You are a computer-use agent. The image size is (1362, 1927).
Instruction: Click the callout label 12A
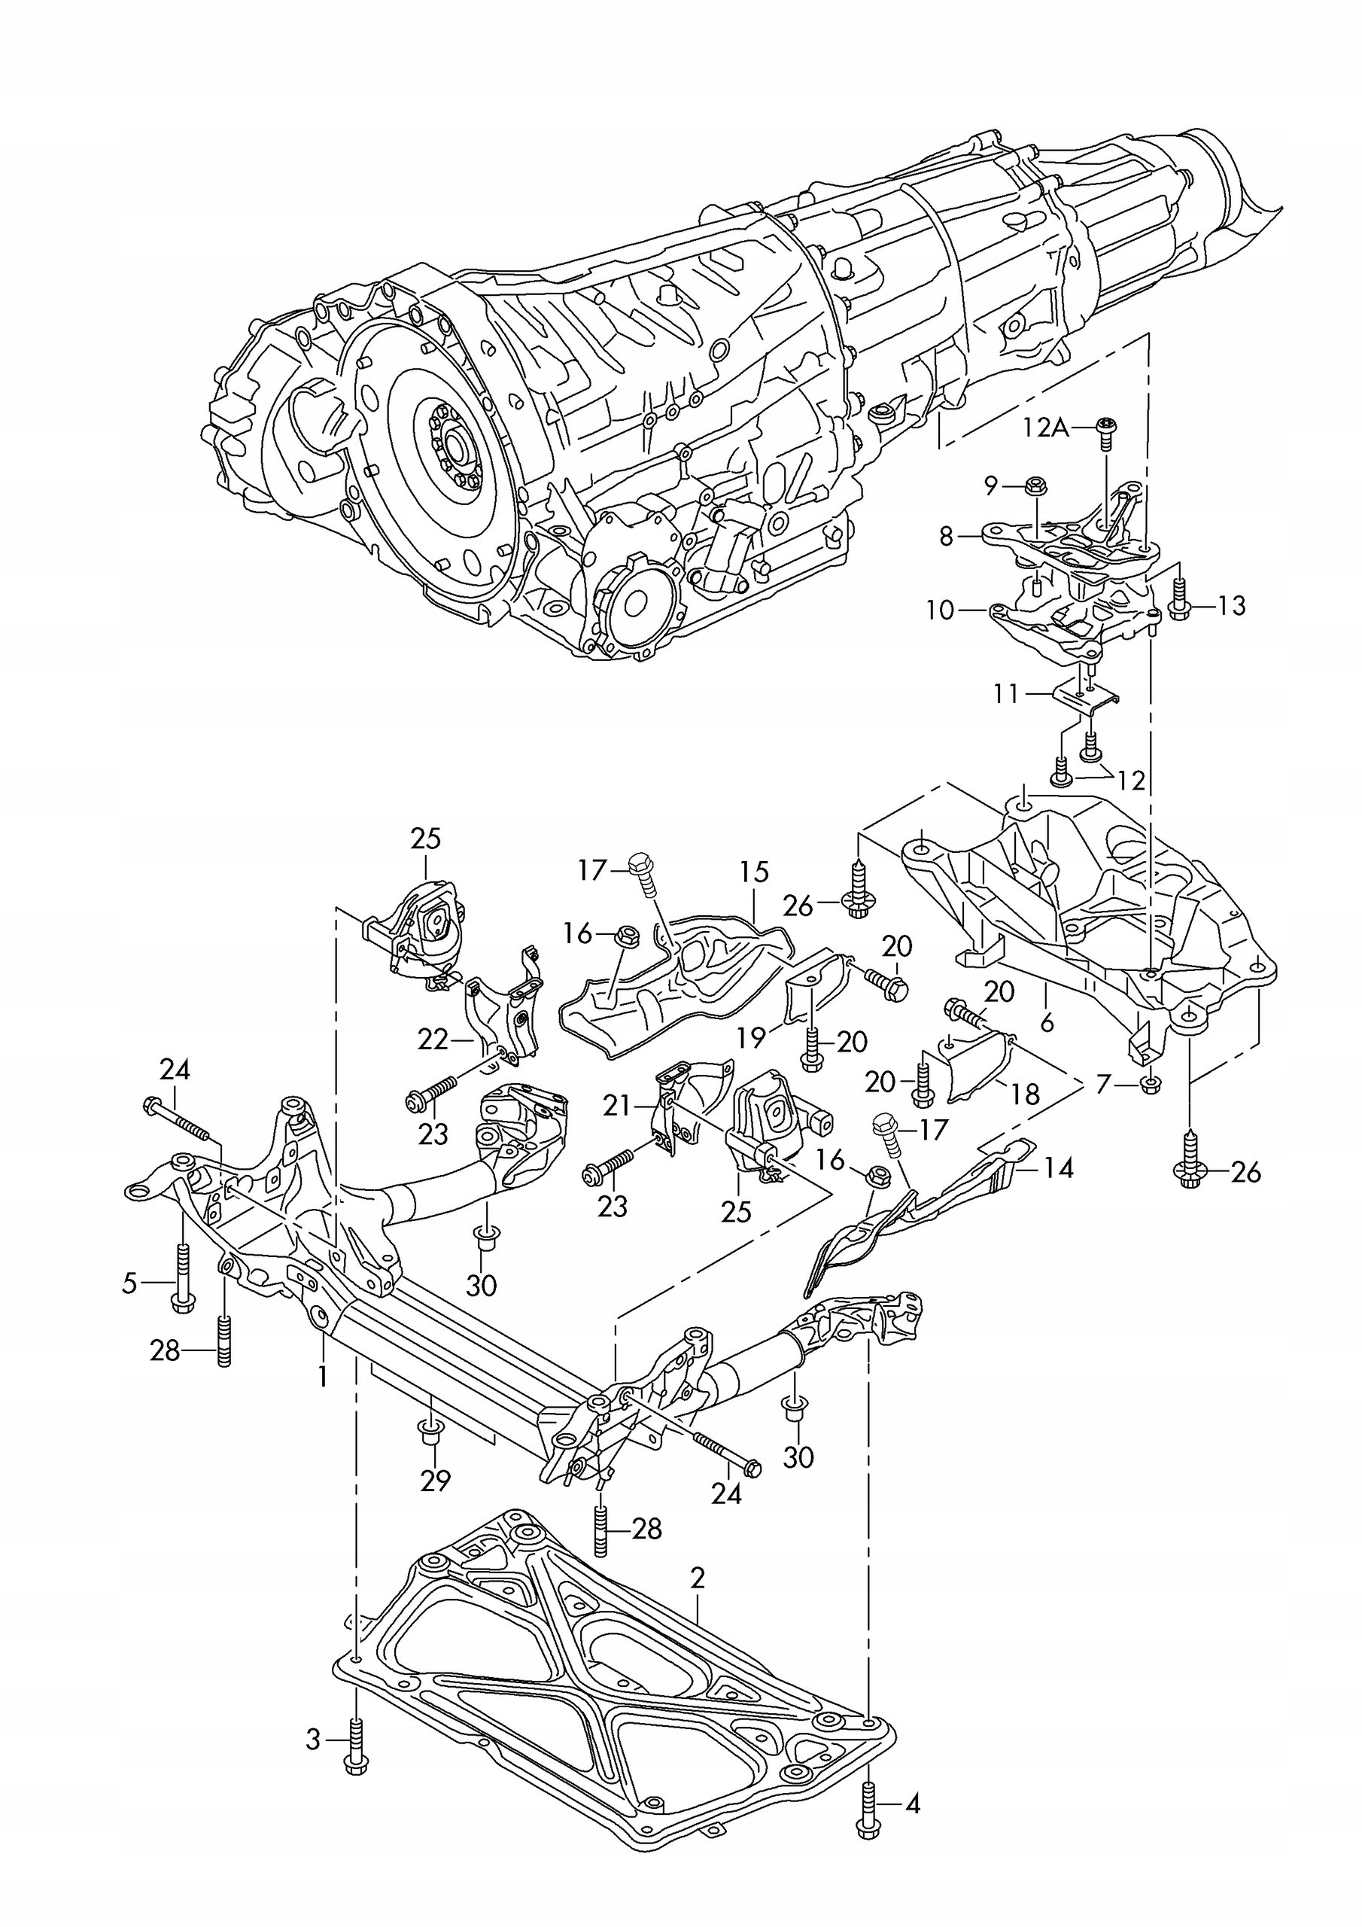pos(1046,428)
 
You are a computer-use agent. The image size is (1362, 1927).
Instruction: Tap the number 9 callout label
pos(991,484)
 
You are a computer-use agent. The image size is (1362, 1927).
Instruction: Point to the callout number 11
pos(1005,694)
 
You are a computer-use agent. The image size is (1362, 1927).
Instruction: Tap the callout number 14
pos(1059,1168)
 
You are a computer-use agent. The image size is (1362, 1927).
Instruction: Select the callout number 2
pos(698,1578)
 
